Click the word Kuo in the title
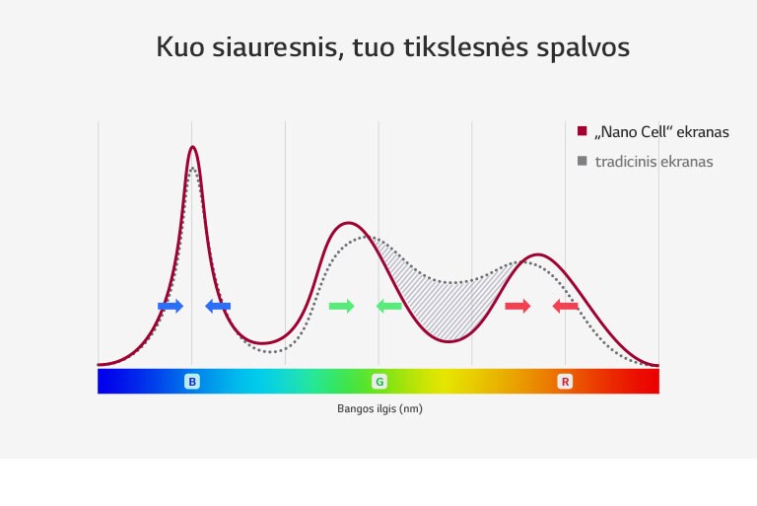[x=180, y=47]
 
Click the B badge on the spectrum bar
[x=192, y=381]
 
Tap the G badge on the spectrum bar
[x=378, y=381]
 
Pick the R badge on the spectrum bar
[x=565, y=381]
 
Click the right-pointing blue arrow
[x=171, y=307]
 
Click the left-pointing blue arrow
[x=218, y=307]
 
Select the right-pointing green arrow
[x=341, y=306]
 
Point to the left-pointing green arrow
[x=389, y=306]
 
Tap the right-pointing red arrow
[x=517, y=307]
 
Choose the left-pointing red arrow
[x=566, y=307]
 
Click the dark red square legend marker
[x=582, y=131]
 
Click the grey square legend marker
[x=582, y=161]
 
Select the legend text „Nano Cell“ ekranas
[x=661, y=131]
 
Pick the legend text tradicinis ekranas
[x=654, y=161]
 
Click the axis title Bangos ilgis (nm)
[x=379, y=408]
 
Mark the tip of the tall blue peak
[x=192, y=147]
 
